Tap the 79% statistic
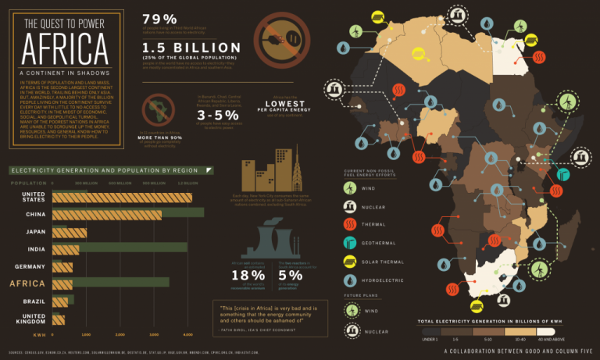pyautogui.click(x=160, y=19)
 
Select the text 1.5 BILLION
pyautogui.click(x=191, y=48)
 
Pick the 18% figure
pyautogui.click(x=249, y=274)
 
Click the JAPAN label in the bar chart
pyautogui.click(x=34, y=231)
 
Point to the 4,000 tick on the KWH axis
pyautogui.click(x=188, y=333)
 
